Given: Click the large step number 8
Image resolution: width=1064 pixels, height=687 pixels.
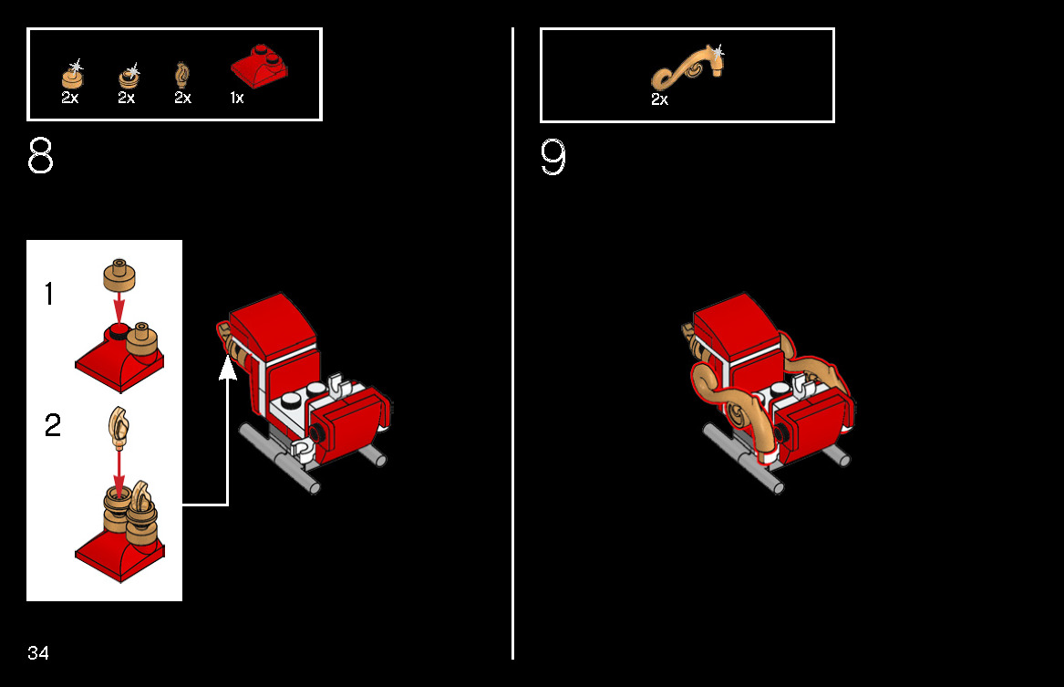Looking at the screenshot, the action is tap(40, 155).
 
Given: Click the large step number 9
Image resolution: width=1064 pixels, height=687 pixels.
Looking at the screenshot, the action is tap(553, 157).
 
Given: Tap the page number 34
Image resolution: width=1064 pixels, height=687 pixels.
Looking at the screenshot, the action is tap(38, 653).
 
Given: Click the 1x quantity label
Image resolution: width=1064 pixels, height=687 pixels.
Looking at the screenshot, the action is tap(237, 98).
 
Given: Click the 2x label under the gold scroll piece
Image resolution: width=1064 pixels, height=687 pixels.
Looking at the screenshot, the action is tap(659, 99).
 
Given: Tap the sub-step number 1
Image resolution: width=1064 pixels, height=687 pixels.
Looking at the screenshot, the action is tap(49, 294).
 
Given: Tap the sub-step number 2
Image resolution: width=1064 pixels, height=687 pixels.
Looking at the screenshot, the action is tap(52, 425).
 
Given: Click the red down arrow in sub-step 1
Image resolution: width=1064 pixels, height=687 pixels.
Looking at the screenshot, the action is tap(119, 307).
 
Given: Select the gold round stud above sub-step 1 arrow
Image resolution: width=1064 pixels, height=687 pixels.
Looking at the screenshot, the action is tap(119, 275).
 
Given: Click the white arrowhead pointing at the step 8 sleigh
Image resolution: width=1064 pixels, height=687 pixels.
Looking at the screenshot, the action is tap(228, 368).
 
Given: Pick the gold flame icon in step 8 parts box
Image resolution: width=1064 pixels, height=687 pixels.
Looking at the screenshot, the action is tap(181, 76).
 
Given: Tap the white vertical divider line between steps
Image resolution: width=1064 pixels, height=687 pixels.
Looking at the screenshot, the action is tap(513, 343).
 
